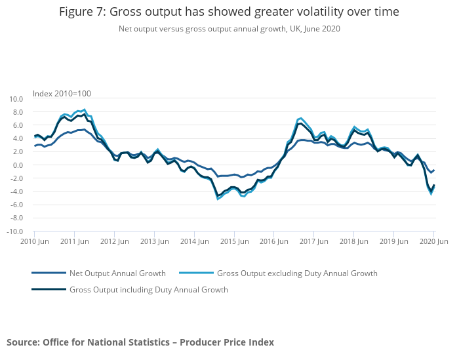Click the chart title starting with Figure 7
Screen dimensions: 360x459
[229, 12]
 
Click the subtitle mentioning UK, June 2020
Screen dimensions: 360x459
[229, 29]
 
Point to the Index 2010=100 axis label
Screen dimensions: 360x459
[62, 92]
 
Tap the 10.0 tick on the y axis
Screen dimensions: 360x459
[16, 99]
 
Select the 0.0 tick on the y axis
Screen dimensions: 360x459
[18, 165]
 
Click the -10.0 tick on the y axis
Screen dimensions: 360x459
[14, 231]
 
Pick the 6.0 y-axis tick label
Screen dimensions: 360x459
[18, 125]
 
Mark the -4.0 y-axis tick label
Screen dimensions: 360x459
[16, 191]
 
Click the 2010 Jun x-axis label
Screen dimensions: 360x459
[34, 242]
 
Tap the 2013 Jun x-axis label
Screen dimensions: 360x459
[154, 242]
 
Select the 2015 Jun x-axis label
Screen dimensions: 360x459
[234, 242]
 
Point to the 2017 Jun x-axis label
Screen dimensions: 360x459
[314, 242]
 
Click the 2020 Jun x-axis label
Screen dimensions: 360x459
[433, 242]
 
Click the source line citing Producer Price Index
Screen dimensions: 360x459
[140, 342]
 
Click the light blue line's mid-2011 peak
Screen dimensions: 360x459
[85, 110]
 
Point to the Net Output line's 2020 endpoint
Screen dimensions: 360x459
[434, 170]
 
